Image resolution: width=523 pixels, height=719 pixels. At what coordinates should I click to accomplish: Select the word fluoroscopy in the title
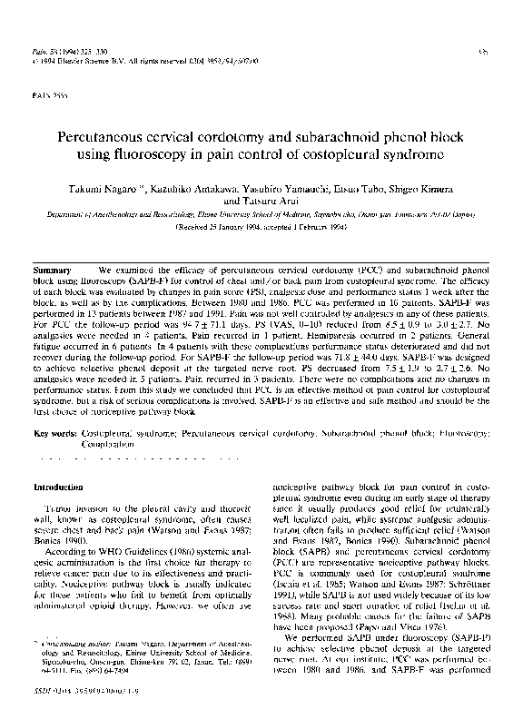[158, 155]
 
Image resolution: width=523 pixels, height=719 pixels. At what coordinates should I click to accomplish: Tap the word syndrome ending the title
[430, 155]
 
